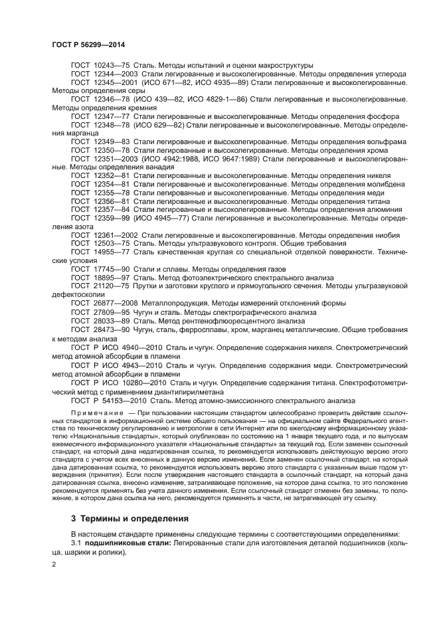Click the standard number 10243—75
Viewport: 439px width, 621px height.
pos(112,66)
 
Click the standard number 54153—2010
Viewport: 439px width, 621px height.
pos(120,400)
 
